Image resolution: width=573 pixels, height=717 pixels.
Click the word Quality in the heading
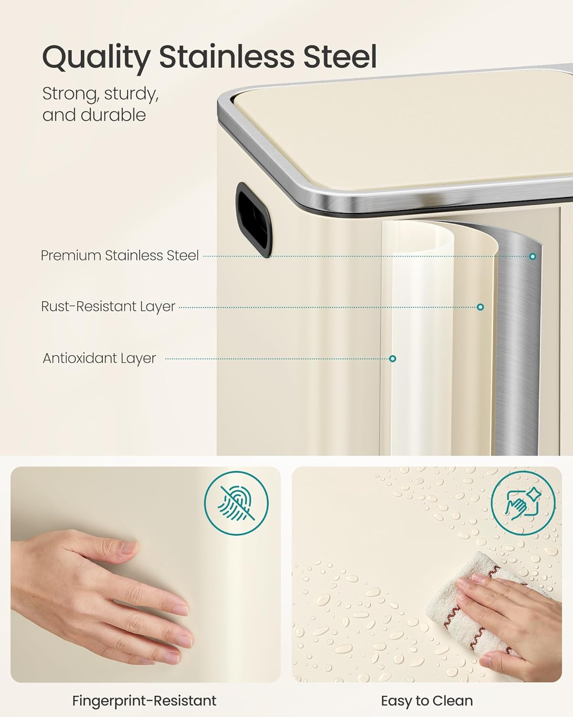(x=96, y=58)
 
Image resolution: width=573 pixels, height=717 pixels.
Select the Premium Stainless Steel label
(x=120, y=256)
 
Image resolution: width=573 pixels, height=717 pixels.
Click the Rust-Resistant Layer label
(x=108, y=306)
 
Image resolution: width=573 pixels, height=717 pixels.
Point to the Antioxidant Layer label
(x=99, y=358)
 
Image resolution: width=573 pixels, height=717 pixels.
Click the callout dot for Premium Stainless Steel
(x=533, y=256)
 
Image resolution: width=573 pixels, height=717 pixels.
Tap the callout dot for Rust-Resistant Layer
(x=480, y=307)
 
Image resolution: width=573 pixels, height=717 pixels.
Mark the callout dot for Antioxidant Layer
(x=393, y=358)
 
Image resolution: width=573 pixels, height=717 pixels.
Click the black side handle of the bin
(x=254, y=220)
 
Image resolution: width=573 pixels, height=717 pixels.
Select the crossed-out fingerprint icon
(x=236, y=503)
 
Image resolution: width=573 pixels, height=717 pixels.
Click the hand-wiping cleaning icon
(x=523, y=503)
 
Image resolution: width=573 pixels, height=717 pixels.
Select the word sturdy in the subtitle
(x=131, y=94)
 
